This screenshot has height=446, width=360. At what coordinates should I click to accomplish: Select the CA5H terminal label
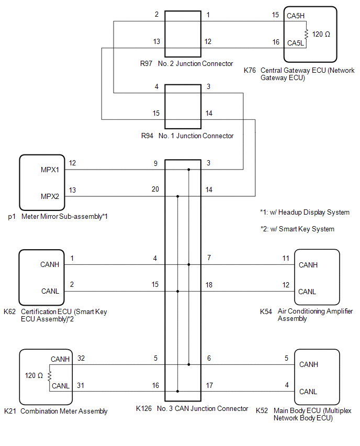tap(296, 16)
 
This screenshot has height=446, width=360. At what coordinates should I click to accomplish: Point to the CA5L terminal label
tap(296, 42)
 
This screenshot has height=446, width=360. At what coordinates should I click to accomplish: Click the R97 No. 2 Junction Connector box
tap(183, 34)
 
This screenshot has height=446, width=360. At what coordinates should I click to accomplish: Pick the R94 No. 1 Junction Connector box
tap(183, 106)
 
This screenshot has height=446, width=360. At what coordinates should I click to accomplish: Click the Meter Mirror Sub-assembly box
tap(42, 182)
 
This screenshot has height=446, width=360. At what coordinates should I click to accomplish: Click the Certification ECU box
tap(42, 277)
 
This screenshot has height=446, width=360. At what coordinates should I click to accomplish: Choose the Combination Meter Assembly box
tap(42, 376)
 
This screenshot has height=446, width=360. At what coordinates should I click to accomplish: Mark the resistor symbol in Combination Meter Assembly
tap(50, 375)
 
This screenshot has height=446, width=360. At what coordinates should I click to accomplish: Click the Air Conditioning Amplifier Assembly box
tap(317, 277)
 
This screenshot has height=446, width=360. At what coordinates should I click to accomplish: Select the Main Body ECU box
tap(317, 377)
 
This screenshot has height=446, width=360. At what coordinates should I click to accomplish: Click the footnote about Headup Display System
tap(305, 213)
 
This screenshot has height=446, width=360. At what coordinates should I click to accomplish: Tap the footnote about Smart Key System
tap(297, 229)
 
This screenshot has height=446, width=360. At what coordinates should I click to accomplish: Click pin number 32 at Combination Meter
tap(81, 359)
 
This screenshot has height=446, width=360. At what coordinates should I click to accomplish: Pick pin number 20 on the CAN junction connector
tap(155, 189)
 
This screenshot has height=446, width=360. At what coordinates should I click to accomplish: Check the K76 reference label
tap(251, 70)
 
